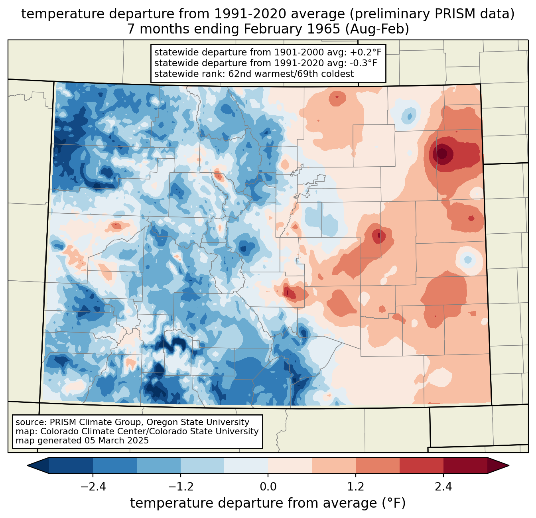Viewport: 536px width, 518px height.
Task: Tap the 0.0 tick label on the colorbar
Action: point(268,487)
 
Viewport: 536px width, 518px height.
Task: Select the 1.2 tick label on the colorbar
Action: point(356,487)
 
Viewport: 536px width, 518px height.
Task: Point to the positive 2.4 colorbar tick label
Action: point(443,487)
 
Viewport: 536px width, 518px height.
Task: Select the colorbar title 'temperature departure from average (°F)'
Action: point(268,503)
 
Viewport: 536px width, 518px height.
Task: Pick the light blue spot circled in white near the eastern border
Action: point(468,260)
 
